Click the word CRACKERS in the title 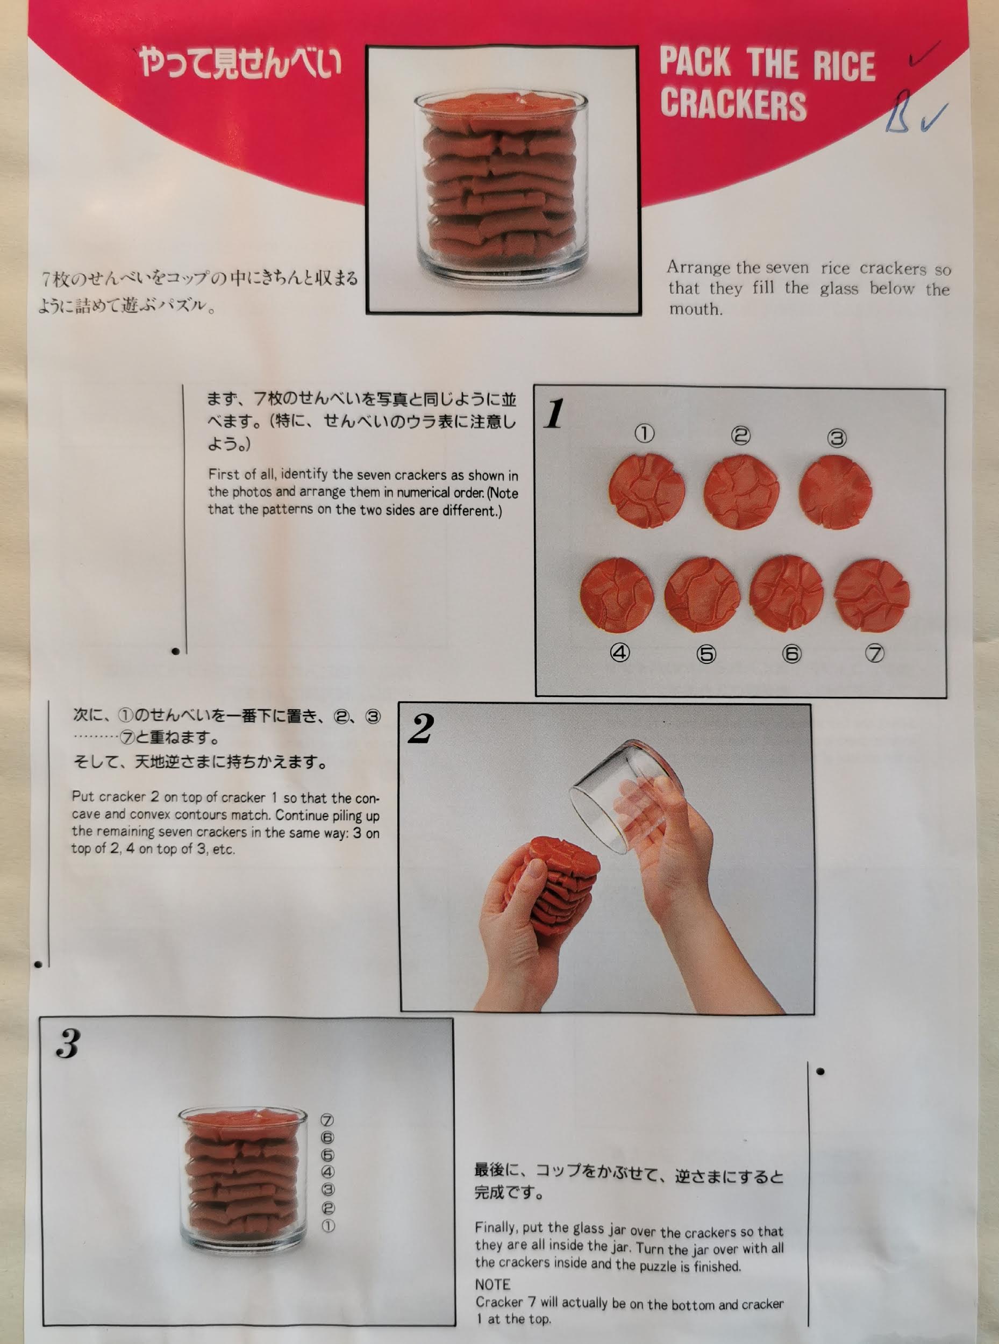point(733,105)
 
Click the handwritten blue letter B point(898,111)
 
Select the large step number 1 point(554,414)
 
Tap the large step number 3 point(68,1043)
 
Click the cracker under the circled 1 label point(646,490)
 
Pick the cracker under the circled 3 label point(835,491)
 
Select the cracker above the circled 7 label point(872,596)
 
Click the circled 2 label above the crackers point(741,435)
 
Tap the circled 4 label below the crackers point(620,652)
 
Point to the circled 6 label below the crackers point(791,654)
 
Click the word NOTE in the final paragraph point(493,1284)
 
